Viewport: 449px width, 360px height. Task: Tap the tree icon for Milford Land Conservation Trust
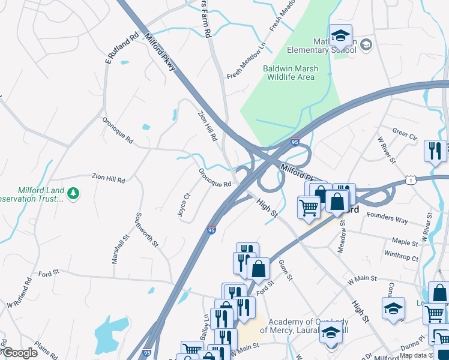(73, 193)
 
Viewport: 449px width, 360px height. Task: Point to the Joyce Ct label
(183, 205)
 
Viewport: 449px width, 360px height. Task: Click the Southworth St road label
(147, 230)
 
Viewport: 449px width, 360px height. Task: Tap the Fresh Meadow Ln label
(246, 62)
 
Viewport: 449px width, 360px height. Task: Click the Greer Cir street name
(404, 133)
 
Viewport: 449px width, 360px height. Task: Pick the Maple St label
(405, 242)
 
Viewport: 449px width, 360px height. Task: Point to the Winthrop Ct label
(401, 257)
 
